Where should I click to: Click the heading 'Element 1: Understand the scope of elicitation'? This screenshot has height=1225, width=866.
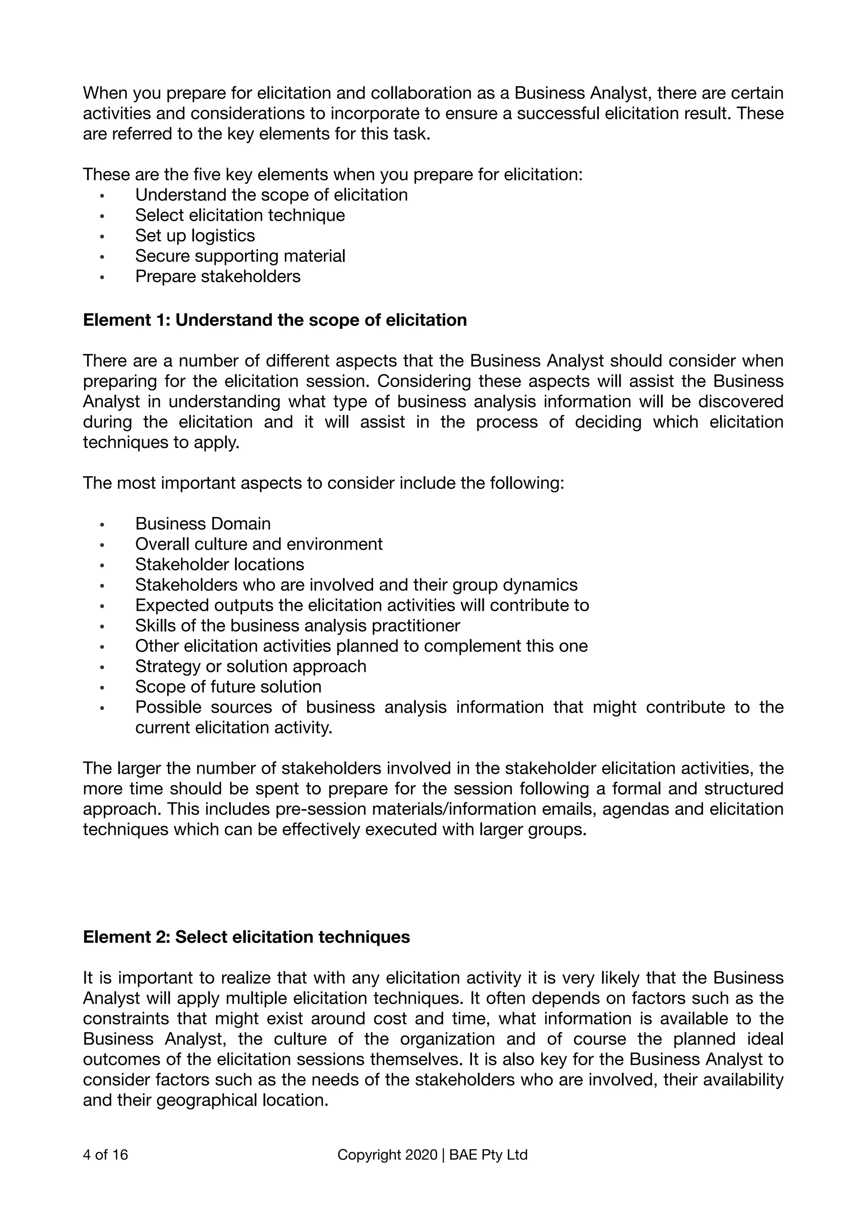274,320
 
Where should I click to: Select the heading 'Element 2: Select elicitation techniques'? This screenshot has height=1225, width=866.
247,937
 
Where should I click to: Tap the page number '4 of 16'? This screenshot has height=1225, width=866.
106,1155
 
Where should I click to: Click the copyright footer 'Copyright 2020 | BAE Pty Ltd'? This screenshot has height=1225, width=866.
433,1155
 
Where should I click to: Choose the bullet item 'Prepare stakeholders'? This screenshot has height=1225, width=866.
218,276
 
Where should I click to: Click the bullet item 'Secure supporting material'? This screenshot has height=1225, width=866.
240,256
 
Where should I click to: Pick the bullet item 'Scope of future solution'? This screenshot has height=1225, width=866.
228,687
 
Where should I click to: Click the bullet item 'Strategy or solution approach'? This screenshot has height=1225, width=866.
251,666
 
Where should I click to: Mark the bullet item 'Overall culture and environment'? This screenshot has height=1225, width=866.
259,544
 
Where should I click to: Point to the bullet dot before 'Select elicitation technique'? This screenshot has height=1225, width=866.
102,216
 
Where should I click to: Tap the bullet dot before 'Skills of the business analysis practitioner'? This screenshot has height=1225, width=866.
102,626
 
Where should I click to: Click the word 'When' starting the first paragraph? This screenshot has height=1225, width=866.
105,93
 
